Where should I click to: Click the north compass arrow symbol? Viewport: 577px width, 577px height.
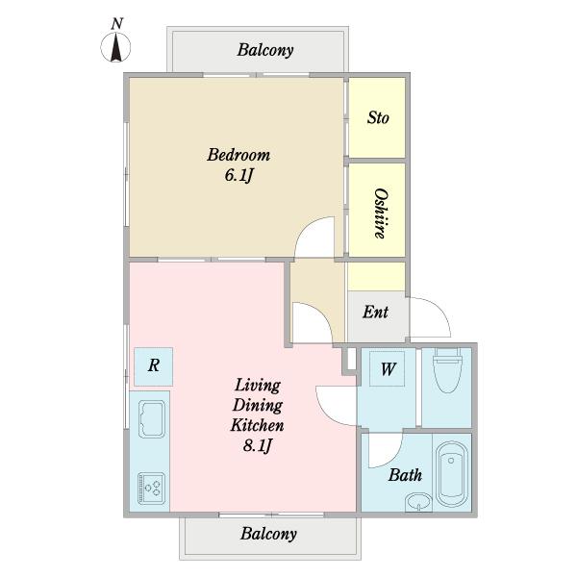click(x=116, y=47)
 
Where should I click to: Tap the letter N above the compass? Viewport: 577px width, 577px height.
click(x=116, y=23)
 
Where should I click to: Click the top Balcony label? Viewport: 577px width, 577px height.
click(x=265, y=50)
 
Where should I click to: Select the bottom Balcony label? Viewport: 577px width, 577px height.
click(x=268, y=534)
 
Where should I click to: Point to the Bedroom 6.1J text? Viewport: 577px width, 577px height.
click(x=238, y=164)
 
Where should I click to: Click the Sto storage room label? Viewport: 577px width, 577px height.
click(x=378, y=117)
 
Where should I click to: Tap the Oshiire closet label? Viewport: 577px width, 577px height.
click(x=380, y=213)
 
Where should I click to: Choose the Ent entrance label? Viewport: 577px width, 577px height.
click(x=375, y=312)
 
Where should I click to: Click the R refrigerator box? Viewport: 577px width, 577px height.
click(x=154, y=366)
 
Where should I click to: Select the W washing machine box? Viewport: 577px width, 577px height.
click(x=388, y=368)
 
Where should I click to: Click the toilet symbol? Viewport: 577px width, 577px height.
click(x=447, y=370)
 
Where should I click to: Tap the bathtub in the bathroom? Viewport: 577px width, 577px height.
click(x=452, y=474)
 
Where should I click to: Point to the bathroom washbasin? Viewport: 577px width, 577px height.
click(x=418, y=502)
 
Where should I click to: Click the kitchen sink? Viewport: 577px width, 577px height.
click(x=152, y=419)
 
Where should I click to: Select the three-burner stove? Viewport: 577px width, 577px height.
click(x=151, y=489)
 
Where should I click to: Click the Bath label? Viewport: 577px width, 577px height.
click(x=405, y=475)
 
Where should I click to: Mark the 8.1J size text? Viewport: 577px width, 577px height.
click(x=258, y=445)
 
